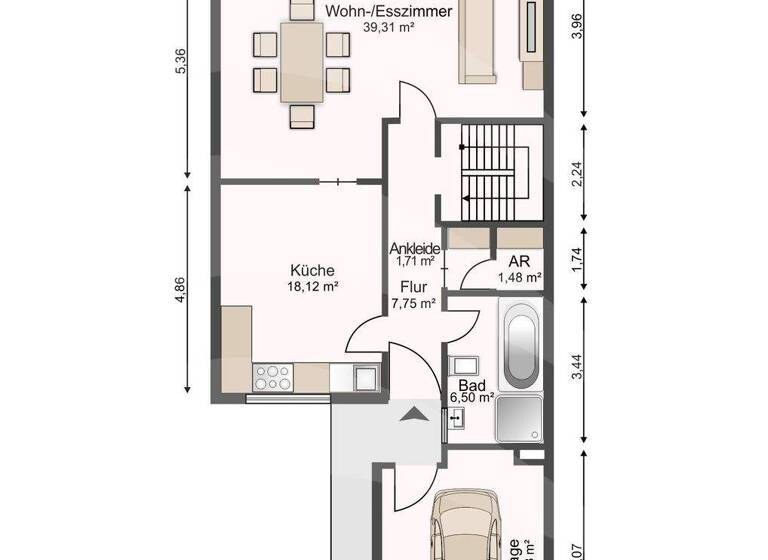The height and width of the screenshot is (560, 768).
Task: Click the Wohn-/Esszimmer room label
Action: pos(388,12)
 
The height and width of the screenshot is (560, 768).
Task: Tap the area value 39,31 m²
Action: pos(389,29)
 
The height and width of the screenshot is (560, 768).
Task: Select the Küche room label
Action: pos(312,270)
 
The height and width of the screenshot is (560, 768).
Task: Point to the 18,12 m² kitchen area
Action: pos(312,286)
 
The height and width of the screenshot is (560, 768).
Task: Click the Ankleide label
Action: pos(414,249)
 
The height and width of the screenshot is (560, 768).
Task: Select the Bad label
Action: pos(472,384)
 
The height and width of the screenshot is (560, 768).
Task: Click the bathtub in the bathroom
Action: pos(521,347)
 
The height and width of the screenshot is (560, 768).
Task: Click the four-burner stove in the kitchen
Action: pos(273,377)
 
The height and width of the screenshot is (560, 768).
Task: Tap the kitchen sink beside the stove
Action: pos(363,377)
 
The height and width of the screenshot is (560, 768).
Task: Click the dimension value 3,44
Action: pos(575,368)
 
